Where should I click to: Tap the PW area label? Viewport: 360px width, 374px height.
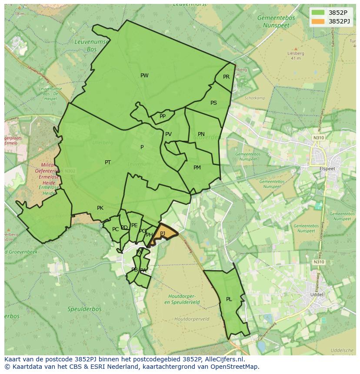pyautogui.click(x=144, y=76)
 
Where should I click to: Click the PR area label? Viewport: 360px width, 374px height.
pyautogui.click(x=226, y=77)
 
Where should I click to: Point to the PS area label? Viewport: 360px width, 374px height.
pyautogui.click(x=213, y=103)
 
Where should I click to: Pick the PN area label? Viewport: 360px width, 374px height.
pyautogui.click(x=201, y=134)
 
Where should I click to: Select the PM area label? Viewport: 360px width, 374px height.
pyautogui.click(x=197, y=168)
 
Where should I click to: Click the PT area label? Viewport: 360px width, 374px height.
pyautogui.click(x=108, y=162)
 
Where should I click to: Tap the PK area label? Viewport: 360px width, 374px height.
pyautogui.click(x=100, y=208)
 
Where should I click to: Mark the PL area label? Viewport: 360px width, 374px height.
pyautogui.click(x=229, y=299)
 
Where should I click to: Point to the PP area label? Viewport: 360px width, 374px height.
pyautogui.click(x=163, y=116)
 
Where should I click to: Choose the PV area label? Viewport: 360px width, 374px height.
pyautogui.click(x=168, y=134)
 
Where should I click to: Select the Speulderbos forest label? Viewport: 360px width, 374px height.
pyautogui.click(x=84, y=309)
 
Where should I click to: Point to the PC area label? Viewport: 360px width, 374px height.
pyautogui.click(x=115, y=229)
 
